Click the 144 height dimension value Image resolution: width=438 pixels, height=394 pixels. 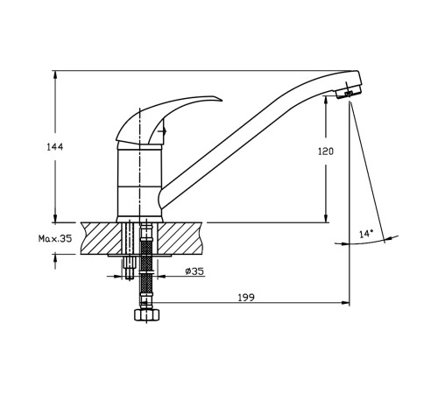click(55, 147)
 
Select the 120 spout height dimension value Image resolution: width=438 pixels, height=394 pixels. click(326, 151)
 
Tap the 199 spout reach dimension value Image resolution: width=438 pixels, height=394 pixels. click(246, 298)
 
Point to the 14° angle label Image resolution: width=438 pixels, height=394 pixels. click(366, 234)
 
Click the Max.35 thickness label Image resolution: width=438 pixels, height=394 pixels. click(55, 239)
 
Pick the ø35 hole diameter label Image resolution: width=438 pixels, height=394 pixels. click(194, 271)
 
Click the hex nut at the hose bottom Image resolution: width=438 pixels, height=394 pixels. click(147, 314)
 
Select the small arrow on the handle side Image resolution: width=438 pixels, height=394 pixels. click(162, 131)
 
